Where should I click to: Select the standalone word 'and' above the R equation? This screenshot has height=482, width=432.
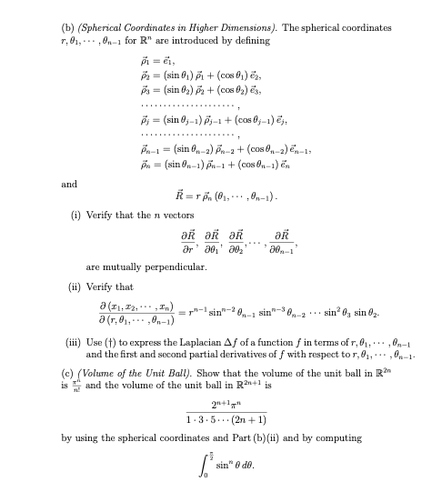tap(69, 183)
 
